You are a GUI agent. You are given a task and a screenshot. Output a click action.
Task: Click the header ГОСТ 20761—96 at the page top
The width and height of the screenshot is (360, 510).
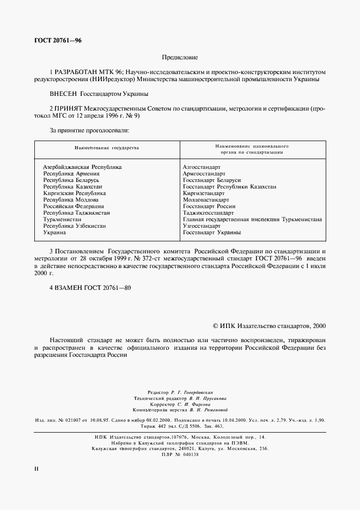tap(57, 41)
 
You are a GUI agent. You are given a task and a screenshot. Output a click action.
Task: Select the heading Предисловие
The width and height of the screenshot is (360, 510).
tap(180, 57)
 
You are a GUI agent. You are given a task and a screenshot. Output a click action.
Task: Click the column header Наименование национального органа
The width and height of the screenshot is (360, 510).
tap(252, 150)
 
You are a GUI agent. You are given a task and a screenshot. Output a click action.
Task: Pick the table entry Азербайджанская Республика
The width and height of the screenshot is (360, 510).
tap(82, 167)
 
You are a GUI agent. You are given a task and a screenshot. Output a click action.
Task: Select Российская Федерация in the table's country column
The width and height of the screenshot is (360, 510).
tap(74, 207)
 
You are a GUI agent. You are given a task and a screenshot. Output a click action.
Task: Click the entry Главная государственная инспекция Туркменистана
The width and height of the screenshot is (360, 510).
tap(252, 220)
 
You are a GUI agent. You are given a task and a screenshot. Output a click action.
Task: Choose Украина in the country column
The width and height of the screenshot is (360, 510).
tap(54, 233)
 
